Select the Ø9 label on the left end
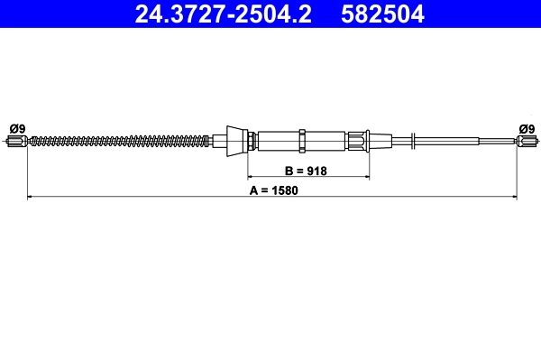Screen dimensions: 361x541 click(x=15, y=127)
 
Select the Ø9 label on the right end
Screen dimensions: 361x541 click(x=526, y=127)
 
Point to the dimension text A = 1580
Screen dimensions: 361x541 click(x=273, y=190)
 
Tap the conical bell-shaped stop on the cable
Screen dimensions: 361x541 click(x=236, y=140)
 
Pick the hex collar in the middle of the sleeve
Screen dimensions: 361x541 click(x=305, y=140)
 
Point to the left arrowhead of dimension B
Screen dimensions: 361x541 click(x=252, y=177)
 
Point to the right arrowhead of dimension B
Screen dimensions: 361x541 click(x=367, y=177)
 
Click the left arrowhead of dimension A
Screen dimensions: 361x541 click(x=31, y=196)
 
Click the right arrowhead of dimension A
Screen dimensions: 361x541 click(x=514, y=196)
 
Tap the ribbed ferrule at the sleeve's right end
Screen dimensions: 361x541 click(x=360, y=140)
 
